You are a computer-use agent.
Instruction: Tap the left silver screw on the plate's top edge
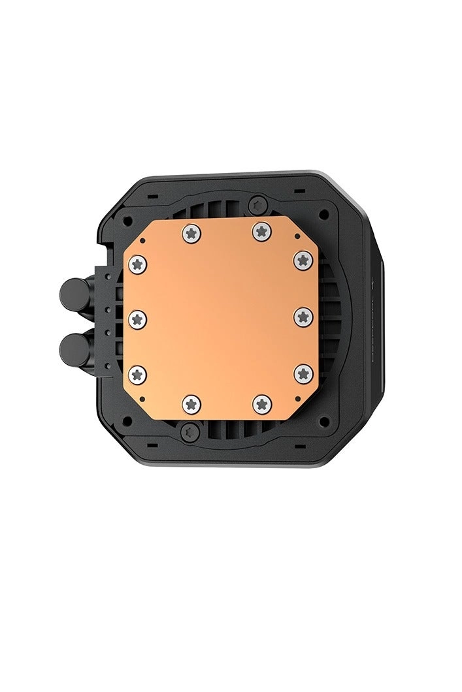pos(190,231)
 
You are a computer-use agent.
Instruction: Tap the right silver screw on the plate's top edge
pos(261,230)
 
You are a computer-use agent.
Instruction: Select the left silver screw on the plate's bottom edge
pos(190,405)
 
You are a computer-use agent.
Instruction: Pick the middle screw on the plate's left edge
pos(138,318)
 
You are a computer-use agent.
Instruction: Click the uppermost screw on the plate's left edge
pos(138,262)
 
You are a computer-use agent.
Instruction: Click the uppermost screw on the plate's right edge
pos(303,260)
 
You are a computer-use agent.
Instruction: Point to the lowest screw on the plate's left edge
pos(138,374)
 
